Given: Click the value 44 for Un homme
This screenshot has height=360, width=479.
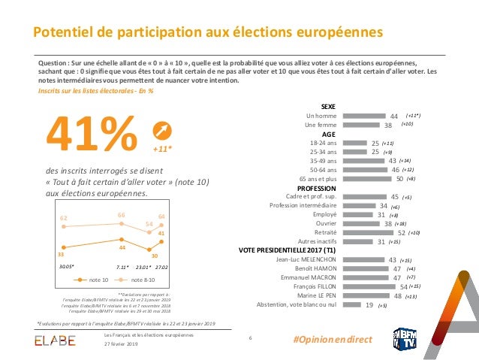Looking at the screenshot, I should click(x=394, y=116).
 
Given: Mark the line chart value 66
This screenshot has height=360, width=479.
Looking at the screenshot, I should click(x=121, y=216).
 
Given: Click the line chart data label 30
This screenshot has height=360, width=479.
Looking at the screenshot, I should click(x=155, y=256).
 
